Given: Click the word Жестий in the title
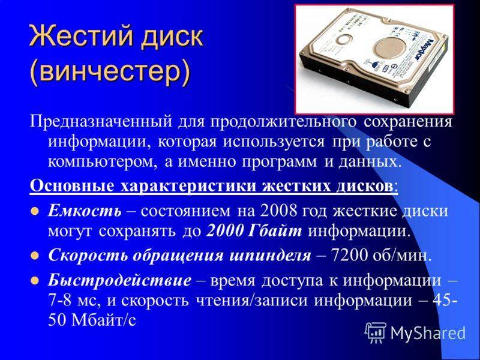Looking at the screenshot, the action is click(x=81, y=37).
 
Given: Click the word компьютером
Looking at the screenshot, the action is click(x=103, y=161).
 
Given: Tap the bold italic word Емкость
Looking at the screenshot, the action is click(x=85, y=211).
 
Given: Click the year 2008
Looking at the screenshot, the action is click(x=278, y=211).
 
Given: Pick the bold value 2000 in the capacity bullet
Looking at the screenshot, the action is click(x=226, y=231).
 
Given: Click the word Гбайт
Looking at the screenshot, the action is click(x=275, y=231).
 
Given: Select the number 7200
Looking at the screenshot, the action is click(x=349, y=256).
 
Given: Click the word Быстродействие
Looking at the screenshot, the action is click(x=119, y=280).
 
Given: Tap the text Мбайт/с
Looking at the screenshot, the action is click(x=103, y=320).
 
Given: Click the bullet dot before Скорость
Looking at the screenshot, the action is click(x=35, y=256).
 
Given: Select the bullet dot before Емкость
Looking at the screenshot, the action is click(x=35, y=211).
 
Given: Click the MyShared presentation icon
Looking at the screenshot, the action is click(x=376, y=332).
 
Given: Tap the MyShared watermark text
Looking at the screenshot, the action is click(x=428, y=333).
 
